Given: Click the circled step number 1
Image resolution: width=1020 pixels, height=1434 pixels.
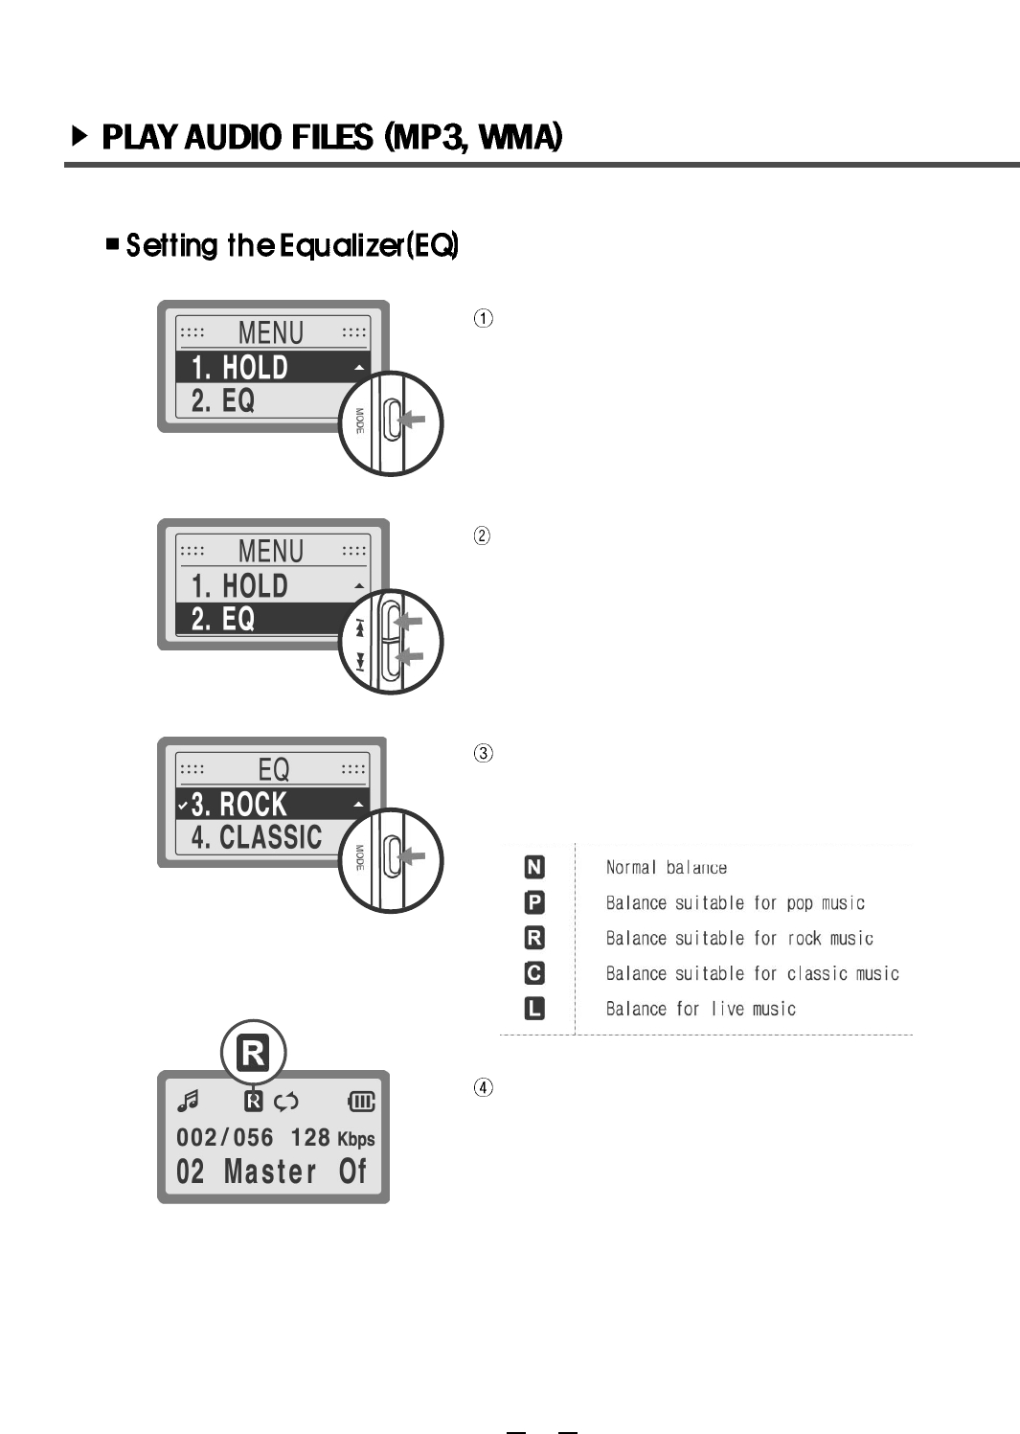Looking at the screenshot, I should pyautogui.click(x=485, y=318).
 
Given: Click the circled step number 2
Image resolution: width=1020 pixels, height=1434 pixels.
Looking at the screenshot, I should pyautogui.click(x=483, y=535).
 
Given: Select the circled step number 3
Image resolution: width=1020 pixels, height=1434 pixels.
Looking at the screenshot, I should pyautogui.click(x=485, y=753).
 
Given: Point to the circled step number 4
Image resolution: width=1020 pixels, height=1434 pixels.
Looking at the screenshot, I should pyautogui.click(x=485, y=1087).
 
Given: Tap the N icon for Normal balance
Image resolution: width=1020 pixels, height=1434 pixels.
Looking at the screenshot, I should pyautogui.click(x=534, y=868).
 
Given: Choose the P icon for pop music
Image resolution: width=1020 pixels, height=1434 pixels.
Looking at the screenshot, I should pyautogui.click(x=534, y=902).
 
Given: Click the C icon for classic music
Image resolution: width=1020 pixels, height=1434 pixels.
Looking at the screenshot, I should pyautogui.click(x=534, y=973).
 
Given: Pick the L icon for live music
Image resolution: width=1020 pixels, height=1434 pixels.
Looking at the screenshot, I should pyautogui.click(x=534, y=1009).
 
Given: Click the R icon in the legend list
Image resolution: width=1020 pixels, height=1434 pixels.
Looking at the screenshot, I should pyautogui.click(x=534, y=938).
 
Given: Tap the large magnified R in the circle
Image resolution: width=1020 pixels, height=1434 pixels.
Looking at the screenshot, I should pyautogui.click(x=254, y=1053).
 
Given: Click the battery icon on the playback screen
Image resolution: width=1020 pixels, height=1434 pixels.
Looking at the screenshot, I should pyautogui.click(x=361, y=1102).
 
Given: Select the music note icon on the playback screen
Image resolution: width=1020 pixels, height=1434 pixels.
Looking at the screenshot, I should pyautogui.click(x=188, y=1102).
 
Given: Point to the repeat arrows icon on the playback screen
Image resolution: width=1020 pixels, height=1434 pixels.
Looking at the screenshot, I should pyautogui.click(x=286, y=1102).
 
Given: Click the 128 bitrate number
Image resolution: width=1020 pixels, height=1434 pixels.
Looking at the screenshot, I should pyautogui.click(x=310, y=1138).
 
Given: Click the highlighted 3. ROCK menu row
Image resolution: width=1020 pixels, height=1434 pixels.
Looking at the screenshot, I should pyautogui.click(x=273, y=805).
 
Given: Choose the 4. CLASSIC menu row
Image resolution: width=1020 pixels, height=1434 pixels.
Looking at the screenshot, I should pyautogui.click(x=257, y=837).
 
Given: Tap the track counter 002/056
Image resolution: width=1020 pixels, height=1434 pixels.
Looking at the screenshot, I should pyautogui.click(x=225, y=1138).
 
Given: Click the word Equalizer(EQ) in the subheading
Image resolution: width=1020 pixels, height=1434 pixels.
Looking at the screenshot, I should pyautogui.click(x=369, y=246).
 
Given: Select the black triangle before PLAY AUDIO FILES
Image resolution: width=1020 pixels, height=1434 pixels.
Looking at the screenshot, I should pyautogui.click(x=80, y=136).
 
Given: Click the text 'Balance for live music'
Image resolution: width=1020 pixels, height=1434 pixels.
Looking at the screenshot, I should pyautogui.click(x=701, y=1009).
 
